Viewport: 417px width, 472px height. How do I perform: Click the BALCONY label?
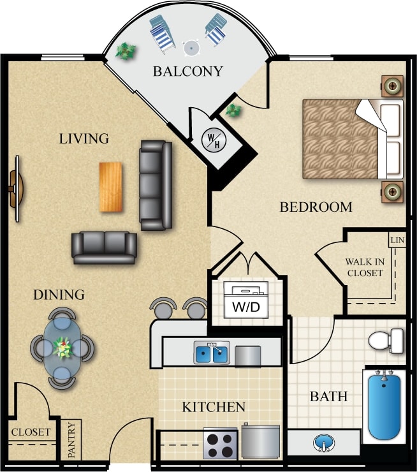click(x=187, y=71)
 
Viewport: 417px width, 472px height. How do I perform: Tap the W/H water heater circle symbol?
click(x=211, y=140)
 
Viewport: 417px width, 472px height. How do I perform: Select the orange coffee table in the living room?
click(x=110, y=187)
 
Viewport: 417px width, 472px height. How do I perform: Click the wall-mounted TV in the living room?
click(x=15, y=189)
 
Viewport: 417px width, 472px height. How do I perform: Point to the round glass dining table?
click(x=62, y=348)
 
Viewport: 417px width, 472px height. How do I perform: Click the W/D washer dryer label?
click(x=245, y=307)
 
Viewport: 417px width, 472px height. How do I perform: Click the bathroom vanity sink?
click(x=323, y=443)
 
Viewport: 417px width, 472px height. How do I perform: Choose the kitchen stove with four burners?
click(x=220, y=443)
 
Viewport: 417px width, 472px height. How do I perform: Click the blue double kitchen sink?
click(x=212, y=353)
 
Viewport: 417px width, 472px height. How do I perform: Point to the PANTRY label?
click(x=71, y=439)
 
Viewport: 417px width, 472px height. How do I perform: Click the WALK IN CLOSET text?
click(x=364, y=267)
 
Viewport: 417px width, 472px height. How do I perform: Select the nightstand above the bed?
click(x=392, y=85)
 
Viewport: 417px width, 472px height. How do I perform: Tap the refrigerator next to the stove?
click(x=261, y=441)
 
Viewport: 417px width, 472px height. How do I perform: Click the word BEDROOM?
click(x=316, y=207)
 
